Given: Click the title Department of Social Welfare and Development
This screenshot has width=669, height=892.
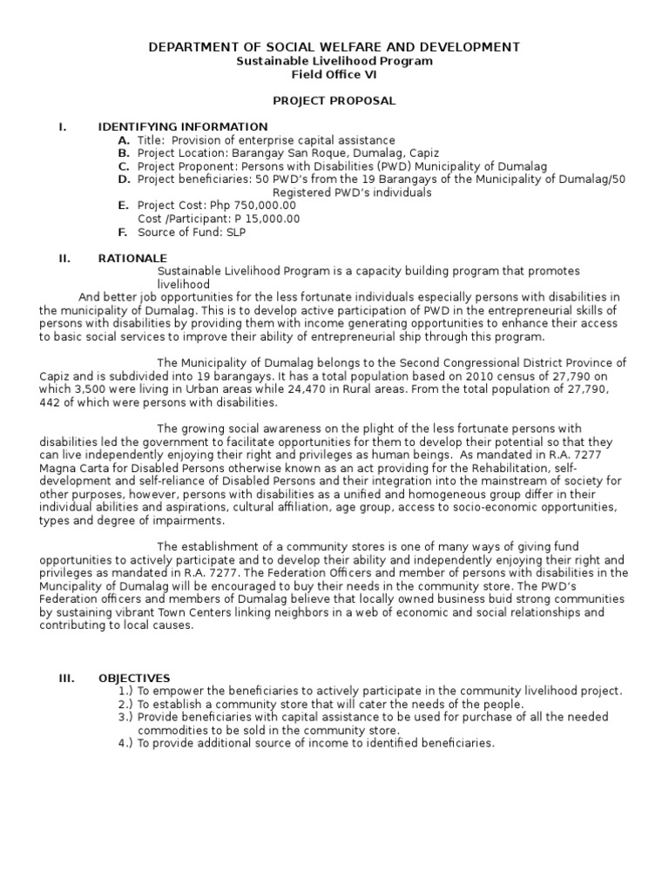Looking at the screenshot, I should pyautogui.click(x=334, y=47).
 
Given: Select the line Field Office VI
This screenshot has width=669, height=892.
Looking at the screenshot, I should pyautogui.click(x=334, y=76).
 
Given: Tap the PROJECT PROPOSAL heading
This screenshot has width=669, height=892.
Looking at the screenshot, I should pyautogui.click(x=334, y=101).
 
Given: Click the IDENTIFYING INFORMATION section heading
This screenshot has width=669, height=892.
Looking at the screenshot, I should pyautogui.click(x=183, y=127).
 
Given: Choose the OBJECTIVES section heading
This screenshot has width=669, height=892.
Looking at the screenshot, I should pyautogui.click(x=134, y=678).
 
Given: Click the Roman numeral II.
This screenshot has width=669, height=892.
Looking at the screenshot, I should pyautogui.click(x=64, y=259).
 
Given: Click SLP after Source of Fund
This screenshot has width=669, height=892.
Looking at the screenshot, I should pyautogui.click(x=237, y=233).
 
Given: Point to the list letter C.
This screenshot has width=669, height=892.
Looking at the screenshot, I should pyautogui.click(x=124, y=166).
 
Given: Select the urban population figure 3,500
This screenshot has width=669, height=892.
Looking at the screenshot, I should pyautogui.click(x=90, y=390).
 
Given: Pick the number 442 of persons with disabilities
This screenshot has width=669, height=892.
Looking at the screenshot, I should pyautogui.click(x=50, y=403).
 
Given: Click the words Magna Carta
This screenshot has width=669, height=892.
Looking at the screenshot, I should pyautogui.click(x=69, y=469).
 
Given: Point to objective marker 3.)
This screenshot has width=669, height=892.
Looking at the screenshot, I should pyautogui.click(x=125, y=717).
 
